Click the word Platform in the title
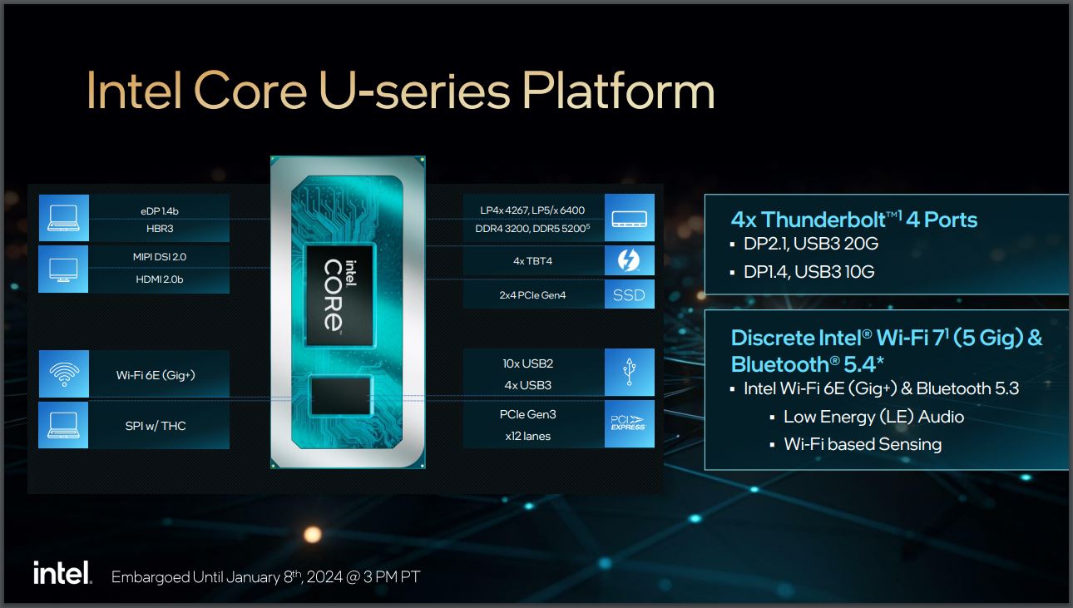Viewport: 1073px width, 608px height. click(x=618, y=91)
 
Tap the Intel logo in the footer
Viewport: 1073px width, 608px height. click(x=62, y=572)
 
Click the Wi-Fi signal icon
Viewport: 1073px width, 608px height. click(x=64, y=374)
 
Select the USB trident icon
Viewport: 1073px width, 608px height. click(x=630, y=372)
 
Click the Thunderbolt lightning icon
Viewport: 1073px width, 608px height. click(x=629, y=260)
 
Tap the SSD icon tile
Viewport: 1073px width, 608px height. click(x=630, y=294)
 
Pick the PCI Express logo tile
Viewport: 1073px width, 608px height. click(x=630, y=423)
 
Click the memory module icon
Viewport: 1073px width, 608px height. click(x=630, y=220)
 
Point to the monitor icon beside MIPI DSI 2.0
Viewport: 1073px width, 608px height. click(x=63, y=269)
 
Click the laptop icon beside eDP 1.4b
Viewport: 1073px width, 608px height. click(x=63, y=218)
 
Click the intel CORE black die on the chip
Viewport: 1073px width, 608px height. click(x=339, y=295)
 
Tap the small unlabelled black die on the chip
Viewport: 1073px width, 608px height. click(x=340, y=396)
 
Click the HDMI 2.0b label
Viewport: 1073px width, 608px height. click(x=160, y=279)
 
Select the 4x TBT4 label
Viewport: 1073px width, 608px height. click(x=532, y=261)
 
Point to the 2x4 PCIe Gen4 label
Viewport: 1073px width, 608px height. click(x=532, y=295)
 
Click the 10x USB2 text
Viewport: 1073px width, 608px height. click(x=528, y=363)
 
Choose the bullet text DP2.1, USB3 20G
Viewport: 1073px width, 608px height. click(x=810, y=244)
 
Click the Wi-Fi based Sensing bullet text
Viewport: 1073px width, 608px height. click(x=863, y=444)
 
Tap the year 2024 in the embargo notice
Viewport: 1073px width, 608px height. click(x=324, y=577)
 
